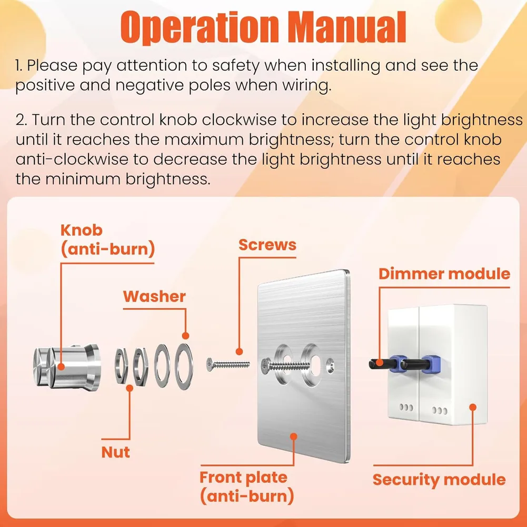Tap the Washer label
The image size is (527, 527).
pos(154,296)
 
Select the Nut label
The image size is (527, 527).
pos(115,452)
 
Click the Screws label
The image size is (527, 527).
pos(267,245)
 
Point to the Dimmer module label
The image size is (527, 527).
pos(444,274)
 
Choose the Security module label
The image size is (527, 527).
pos(439,480)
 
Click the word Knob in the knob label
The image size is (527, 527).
pos(81,230)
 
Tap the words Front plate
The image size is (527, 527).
pos(243,478)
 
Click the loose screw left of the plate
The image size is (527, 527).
pos(228,364)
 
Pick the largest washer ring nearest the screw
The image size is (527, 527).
pos(184,366)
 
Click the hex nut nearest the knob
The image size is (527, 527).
pos(121,366)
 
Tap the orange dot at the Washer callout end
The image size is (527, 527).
pos(185,336)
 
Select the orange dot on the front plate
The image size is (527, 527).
pos(293,436)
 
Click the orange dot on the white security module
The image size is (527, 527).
pos(473,407)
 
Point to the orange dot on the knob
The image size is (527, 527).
pos(61,366)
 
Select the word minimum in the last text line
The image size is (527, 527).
pos(82,179)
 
